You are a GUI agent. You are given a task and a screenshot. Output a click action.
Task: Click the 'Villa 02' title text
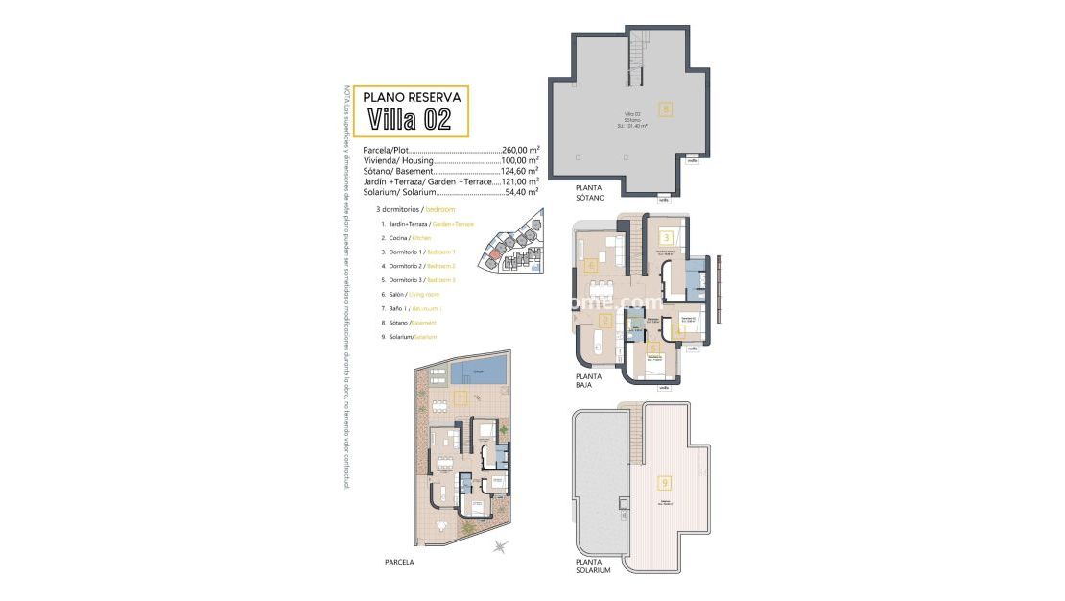pyautogui.click(x=410, y=120)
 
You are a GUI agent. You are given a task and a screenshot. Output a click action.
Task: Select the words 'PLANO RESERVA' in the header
pyautogui.click(x=411, y=96)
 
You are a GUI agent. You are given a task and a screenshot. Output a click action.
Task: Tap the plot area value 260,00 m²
pyautogui.click(x=520, y=150)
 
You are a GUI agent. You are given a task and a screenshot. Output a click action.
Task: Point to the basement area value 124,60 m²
pyautogui.click(x=520, y=170)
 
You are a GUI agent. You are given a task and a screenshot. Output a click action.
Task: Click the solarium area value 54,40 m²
pyautogui.click(x=520, y=191)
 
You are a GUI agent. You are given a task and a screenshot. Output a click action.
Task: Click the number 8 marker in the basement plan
pyautogui.click(x=665, y=108)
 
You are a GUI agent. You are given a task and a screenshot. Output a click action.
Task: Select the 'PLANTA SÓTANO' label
pyautogui.click(x=590, y=192)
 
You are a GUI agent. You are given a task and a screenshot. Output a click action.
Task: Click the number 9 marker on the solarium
pyautogui.click(x=664, y=483)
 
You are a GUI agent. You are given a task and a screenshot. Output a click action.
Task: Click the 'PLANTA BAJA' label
pyautogui.click(x=588, y=380)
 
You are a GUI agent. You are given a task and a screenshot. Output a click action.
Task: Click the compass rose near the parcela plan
pyautogui.click(x=500, y=546)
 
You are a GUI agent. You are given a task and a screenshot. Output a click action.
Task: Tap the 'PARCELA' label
pyautogui.click(x=398, y=561)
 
